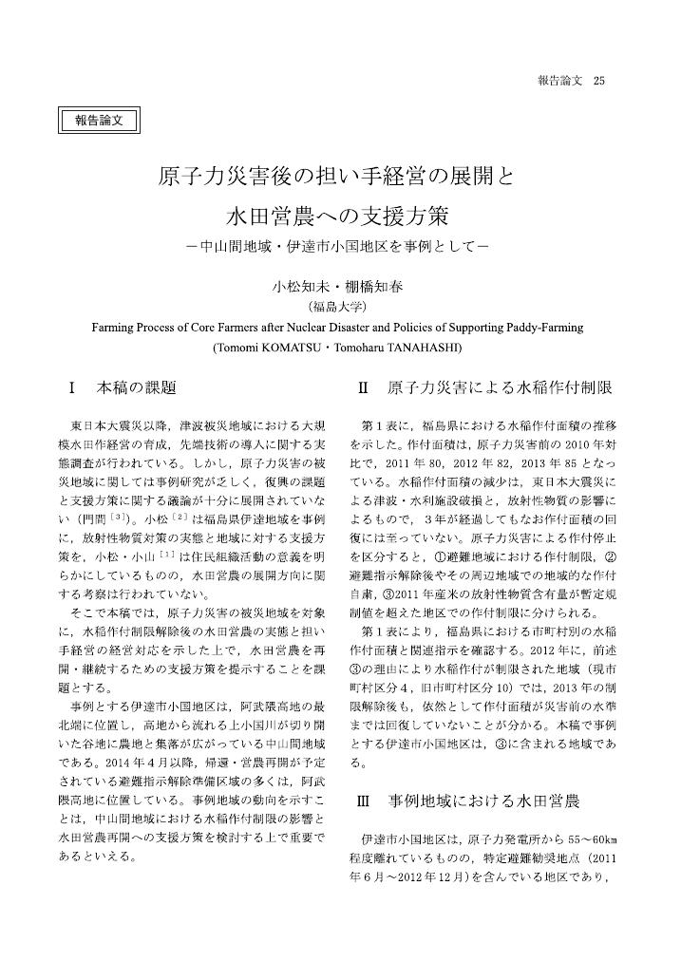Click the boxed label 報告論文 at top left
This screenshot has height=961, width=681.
(x=99, y=120)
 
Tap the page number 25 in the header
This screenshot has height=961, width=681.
(x=598, y=80)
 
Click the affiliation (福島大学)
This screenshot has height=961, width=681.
(x=338, y=306)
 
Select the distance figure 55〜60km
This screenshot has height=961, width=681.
(x=593, y=840)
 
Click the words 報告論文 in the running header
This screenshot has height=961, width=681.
(x=558, y=80)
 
